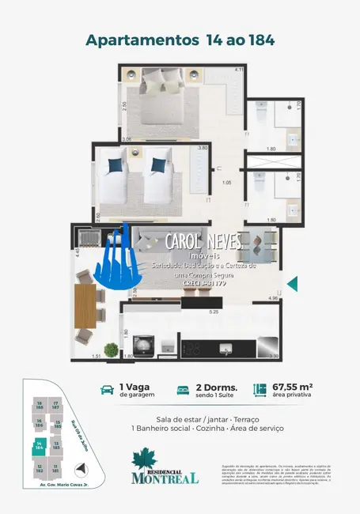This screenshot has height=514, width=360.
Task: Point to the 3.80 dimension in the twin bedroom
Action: point(203,148)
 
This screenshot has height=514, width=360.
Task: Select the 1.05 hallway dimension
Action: point(227,183)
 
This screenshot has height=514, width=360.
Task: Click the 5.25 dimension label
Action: point(213,312)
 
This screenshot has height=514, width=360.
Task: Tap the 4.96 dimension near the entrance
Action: point(274,298)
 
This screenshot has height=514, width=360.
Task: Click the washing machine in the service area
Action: point(144,346)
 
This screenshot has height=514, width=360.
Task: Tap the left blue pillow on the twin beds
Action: point(116,165)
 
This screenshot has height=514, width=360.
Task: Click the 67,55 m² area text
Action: point(292,387)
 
